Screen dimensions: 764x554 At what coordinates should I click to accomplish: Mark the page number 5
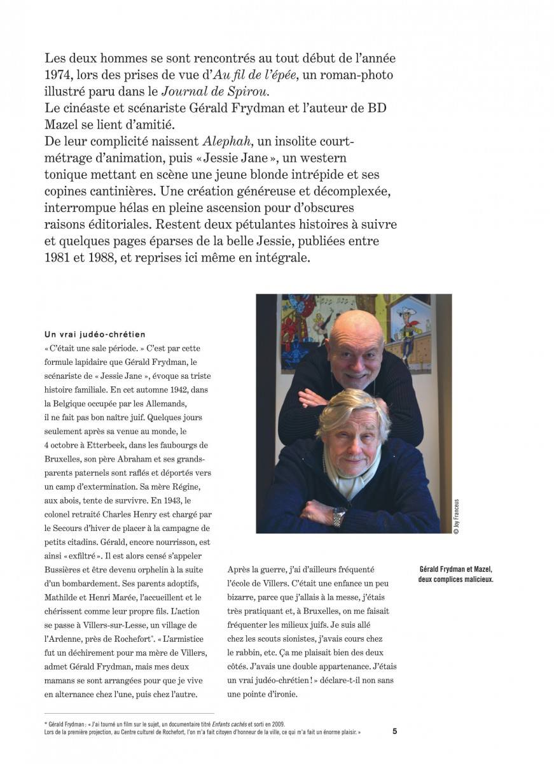click(394, 732)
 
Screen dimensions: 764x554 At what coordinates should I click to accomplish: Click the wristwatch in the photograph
click(340, 516)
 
